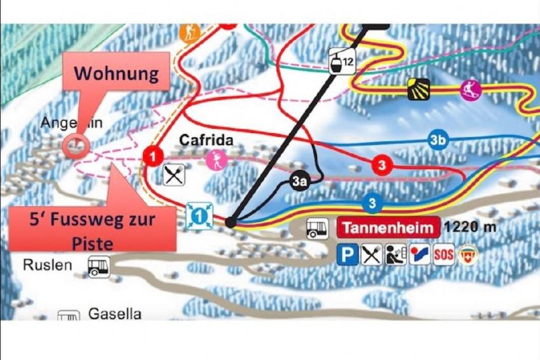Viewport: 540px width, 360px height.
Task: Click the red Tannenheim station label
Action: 388,227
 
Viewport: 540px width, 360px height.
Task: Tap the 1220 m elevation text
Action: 469,227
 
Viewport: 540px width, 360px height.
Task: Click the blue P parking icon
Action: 348,255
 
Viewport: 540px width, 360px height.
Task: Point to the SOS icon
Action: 443,255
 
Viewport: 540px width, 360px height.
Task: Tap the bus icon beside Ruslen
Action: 99,266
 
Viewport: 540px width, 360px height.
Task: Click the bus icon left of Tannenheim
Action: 318,228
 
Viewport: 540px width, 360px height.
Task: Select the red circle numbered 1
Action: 153,155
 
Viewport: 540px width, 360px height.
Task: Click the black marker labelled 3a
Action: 300,181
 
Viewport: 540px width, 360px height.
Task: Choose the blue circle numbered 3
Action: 372,204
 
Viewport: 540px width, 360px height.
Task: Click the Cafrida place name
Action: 206,140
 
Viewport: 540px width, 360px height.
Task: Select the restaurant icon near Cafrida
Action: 173,174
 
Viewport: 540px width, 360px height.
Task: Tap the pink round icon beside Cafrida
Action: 216,160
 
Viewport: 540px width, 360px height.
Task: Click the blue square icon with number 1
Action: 199,216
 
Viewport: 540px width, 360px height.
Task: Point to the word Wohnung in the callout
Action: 116,73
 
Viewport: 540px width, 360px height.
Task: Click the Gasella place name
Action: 115,313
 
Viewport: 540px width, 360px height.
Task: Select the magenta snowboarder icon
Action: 471,90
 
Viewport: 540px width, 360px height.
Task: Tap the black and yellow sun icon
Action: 419,89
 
